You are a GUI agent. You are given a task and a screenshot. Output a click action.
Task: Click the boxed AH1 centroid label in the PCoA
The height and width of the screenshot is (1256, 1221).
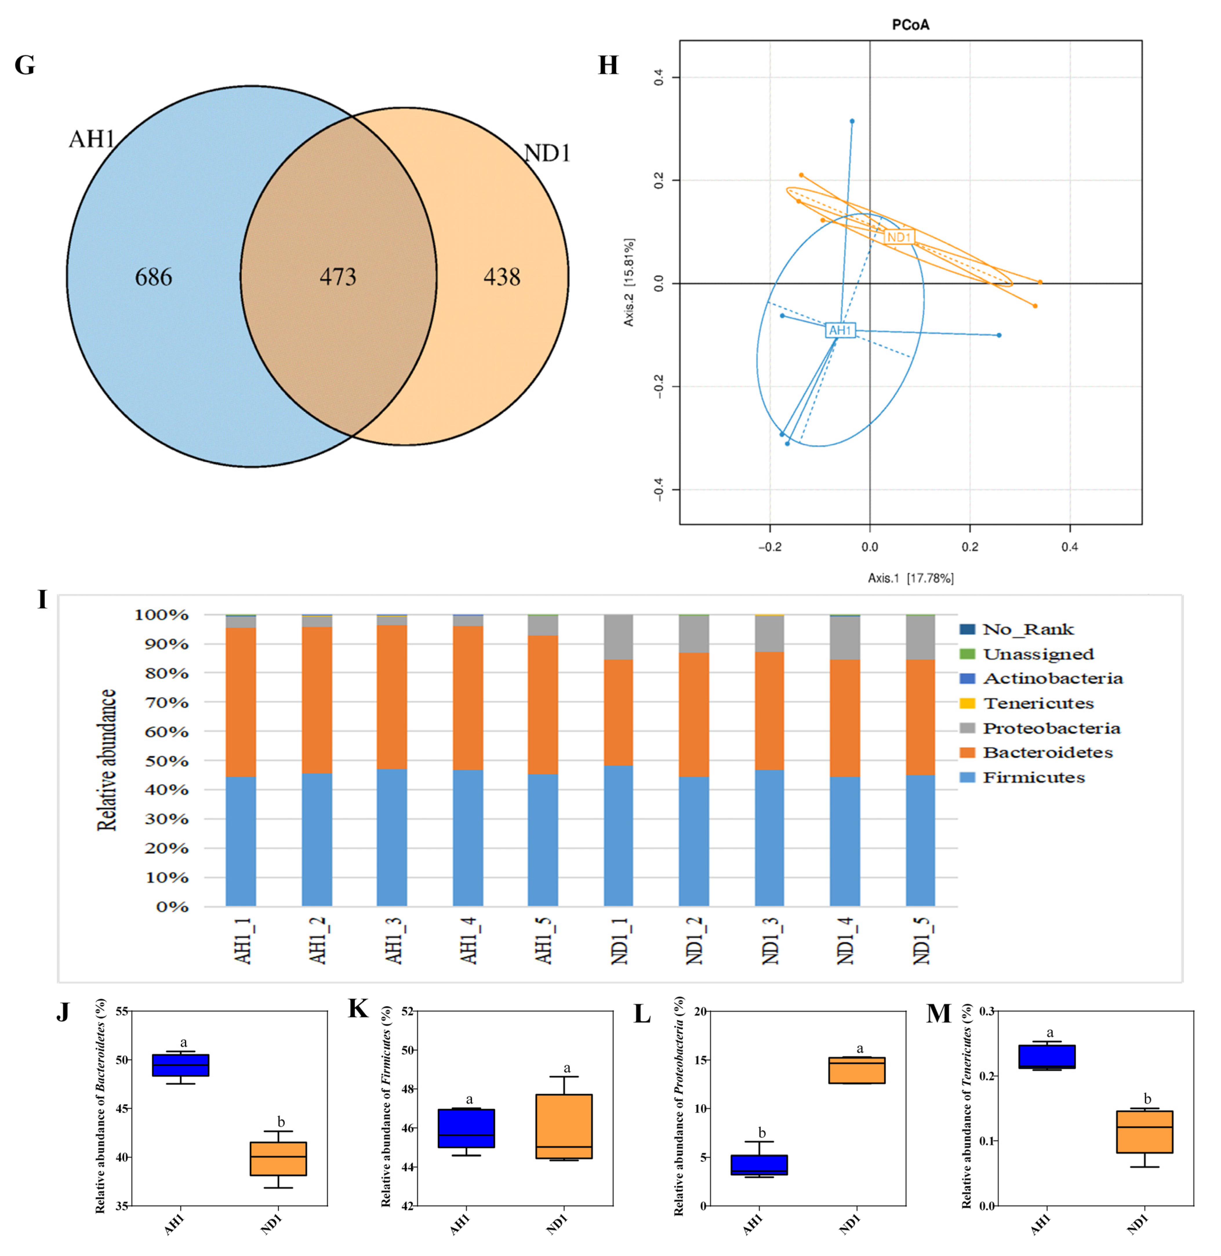pos(840,330)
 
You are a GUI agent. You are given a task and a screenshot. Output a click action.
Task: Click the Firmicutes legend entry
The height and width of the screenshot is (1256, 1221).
pos(1034,778)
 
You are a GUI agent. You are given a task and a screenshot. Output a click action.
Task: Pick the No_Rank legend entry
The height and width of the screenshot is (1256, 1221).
pos(1028,630)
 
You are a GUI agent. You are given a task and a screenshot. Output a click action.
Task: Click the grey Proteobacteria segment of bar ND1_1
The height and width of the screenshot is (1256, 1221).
pos(618,637)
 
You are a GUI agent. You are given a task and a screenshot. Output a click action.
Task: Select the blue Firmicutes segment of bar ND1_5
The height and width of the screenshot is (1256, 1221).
pos(920,840)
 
